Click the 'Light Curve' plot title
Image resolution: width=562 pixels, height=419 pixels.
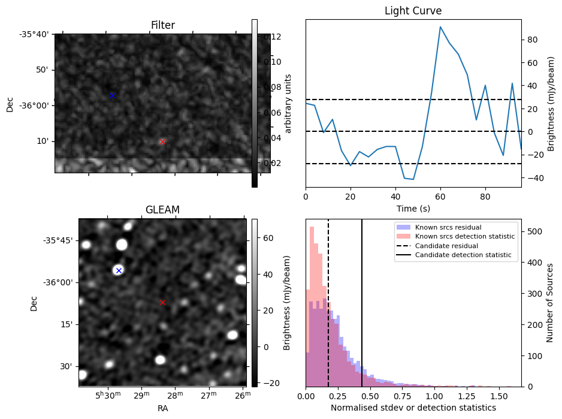point(413,11)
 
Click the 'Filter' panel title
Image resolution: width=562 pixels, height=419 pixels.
point(162,25)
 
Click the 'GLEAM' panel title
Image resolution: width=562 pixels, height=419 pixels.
point(162,210)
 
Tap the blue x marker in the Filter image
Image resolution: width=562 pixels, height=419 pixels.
point(112,95)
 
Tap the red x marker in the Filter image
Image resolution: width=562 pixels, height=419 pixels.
point(162,141)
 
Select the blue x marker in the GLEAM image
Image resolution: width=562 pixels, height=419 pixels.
point(119,270)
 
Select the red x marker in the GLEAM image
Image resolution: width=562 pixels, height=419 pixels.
point(162,302)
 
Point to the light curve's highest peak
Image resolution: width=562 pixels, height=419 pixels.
point(440,27)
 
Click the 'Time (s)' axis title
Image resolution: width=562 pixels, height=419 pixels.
point(413,209)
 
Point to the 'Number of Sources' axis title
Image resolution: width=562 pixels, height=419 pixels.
point(550,302)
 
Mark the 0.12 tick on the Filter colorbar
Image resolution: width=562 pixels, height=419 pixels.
point(273,37)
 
